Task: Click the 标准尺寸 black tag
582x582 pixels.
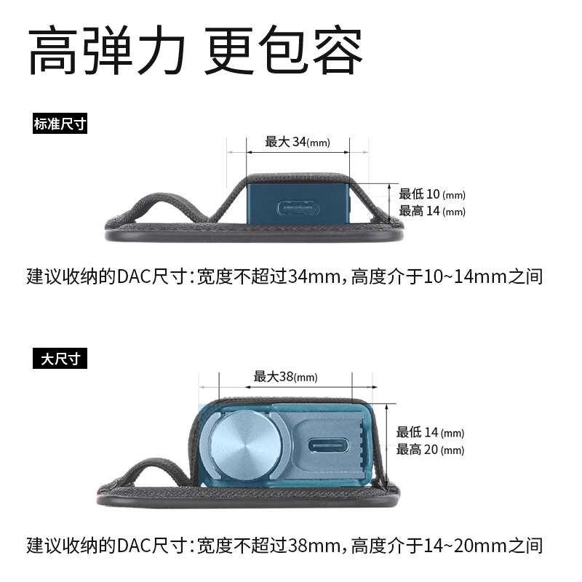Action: click(60, 124)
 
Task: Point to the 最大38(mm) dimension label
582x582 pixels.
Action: click(285, 377)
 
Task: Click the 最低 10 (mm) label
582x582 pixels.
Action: click(431, 194)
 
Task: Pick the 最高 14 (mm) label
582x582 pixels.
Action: click(431, 212)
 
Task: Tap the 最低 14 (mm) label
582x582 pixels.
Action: click(430, 433)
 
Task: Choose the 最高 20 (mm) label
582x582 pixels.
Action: click(430, 450)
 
